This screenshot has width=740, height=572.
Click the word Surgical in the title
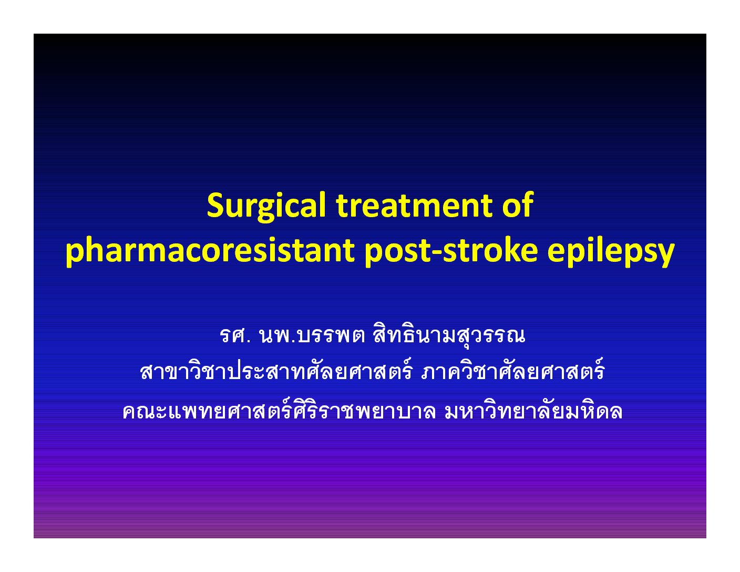[266, 207]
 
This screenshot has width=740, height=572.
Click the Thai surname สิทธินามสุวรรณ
[449, 335]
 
